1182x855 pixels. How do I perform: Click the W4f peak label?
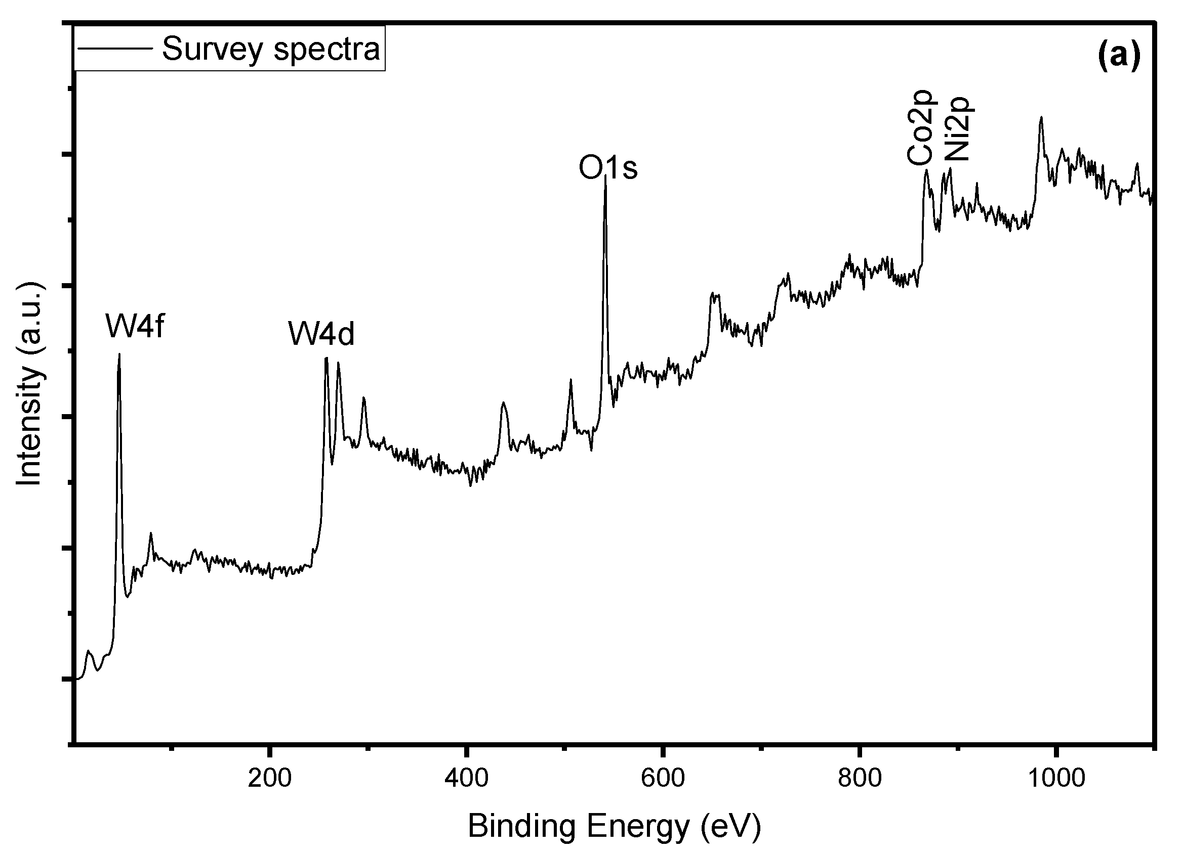[x=136, y=327]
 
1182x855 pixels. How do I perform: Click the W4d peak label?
[x=321, y=334]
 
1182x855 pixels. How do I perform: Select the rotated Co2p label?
[x=921, y=127]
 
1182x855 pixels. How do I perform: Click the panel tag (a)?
[x=1119, y=55]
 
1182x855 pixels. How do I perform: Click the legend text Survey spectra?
[x=271, y=50]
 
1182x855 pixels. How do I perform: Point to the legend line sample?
[x=114, y=49]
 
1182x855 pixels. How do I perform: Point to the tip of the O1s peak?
[x=605, y=176]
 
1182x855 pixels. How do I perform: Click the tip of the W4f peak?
[x=119, y=354]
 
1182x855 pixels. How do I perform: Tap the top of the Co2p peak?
[x=926, y=170]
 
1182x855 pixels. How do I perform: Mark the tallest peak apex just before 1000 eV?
[x=1041, y=118]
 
